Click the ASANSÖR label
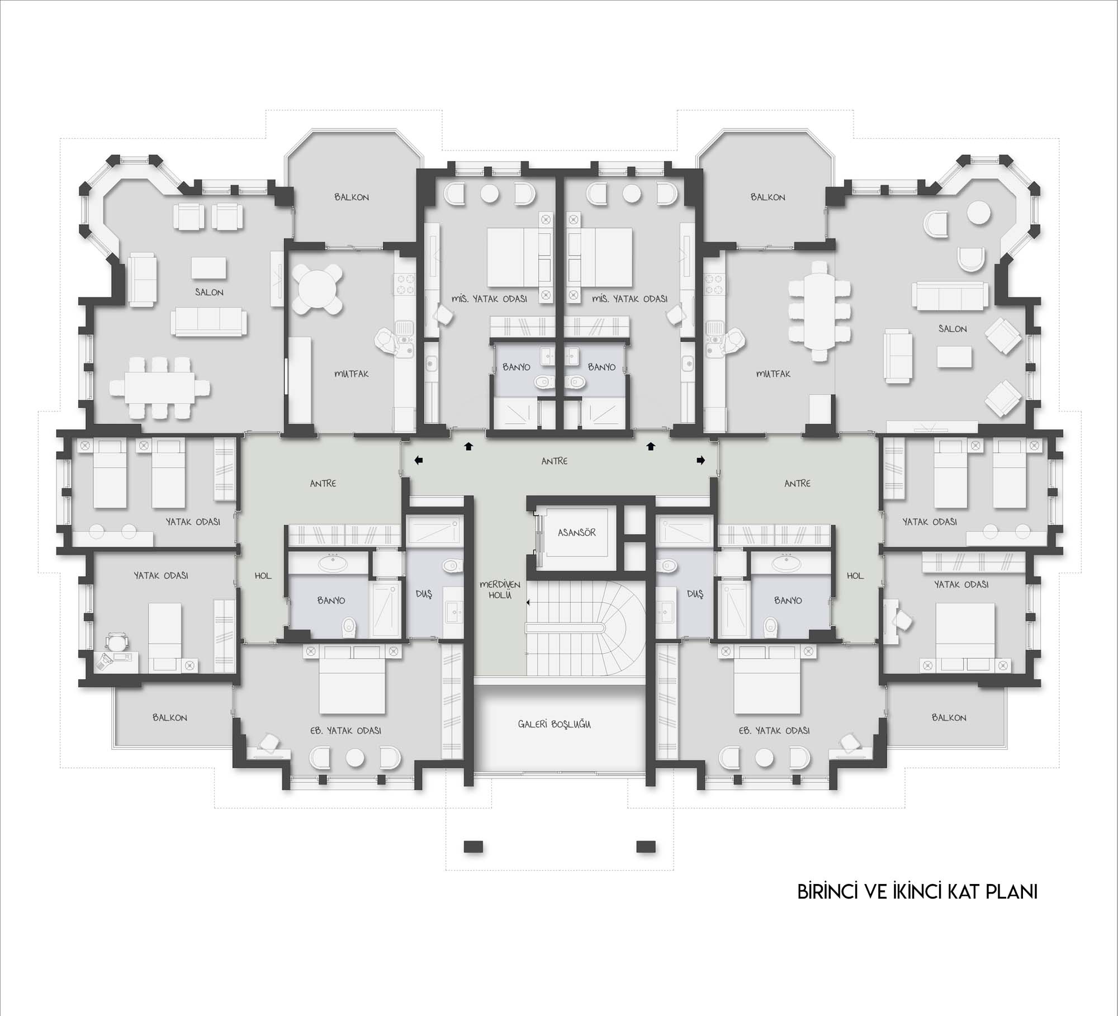[576, 532]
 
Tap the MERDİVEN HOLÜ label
[500, 590]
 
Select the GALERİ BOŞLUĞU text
[554, 724]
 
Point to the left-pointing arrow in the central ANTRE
[418, 460]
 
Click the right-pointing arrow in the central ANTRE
[700, 460]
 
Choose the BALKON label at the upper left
[352, 197]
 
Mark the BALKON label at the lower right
[949, 717]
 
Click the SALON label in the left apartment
[209, 292]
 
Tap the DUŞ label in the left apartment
[424, 594]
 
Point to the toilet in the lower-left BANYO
[349, 627]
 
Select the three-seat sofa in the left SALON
[209, 321]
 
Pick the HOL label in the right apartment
[855, 575]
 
